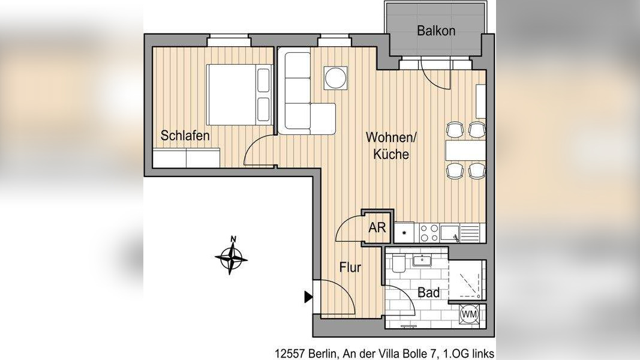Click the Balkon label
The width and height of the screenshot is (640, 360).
point(436,31)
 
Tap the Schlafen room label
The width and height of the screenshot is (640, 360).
point(185,136)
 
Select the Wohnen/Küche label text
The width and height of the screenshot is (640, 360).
point(391,146)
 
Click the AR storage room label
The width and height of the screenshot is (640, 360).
point(377,228)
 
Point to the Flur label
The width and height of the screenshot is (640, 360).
point(350,268)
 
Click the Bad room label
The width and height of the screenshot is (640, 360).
point(428,293)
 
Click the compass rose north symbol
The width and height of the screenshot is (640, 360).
point(232,257)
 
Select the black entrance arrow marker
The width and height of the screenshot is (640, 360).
point(308,296)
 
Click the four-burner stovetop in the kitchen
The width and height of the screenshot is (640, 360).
point(428,232)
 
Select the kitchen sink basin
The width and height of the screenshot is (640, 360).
point(450,232)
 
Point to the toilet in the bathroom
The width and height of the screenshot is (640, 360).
point(399,263)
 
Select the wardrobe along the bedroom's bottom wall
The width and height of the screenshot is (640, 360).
point(185,158)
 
